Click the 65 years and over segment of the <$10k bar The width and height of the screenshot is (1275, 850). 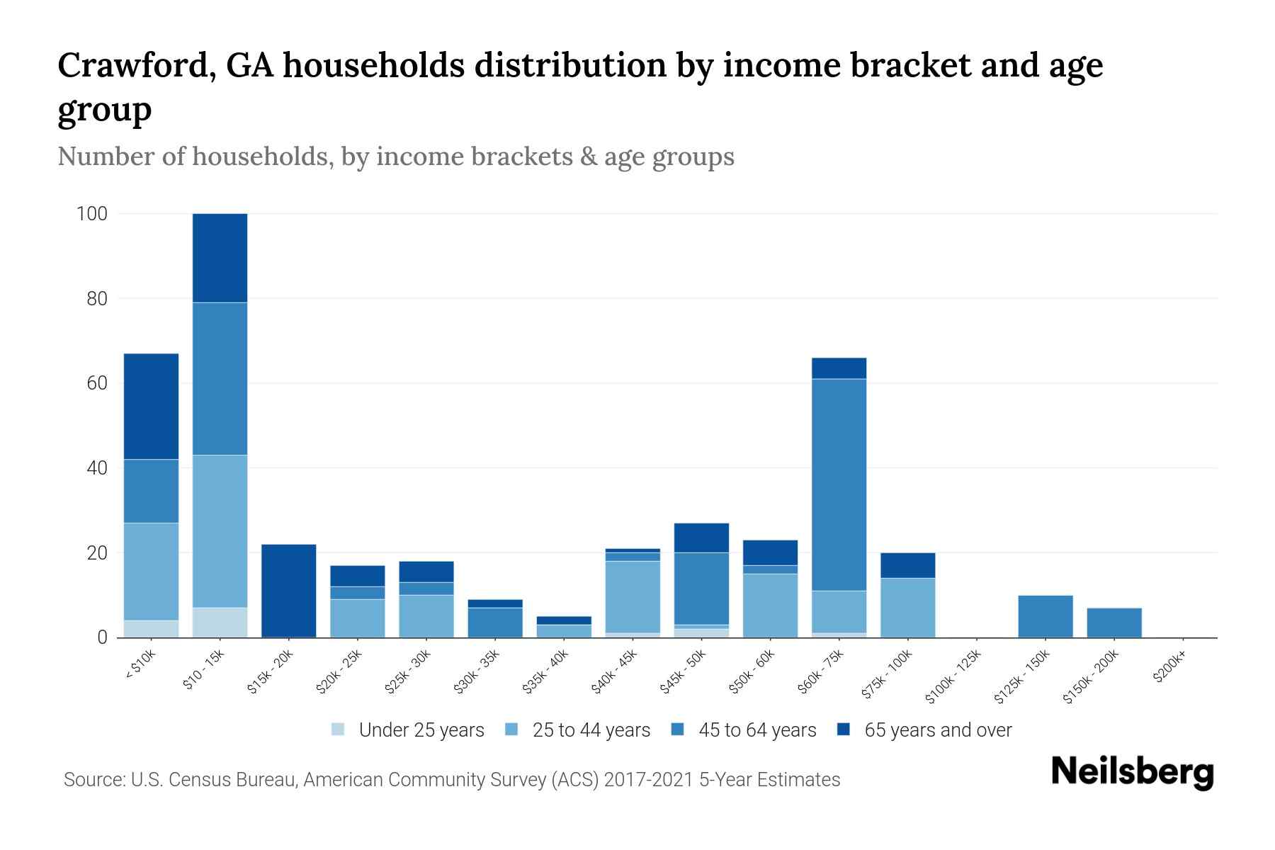tap(151, 406)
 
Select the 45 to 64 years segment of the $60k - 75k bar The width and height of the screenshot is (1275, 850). tap(839, 484)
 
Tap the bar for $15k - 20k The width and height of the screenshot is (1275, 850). tap(288, 591)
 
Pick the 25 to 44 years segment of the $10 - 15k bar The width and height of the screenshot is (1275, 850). tap(220, 531)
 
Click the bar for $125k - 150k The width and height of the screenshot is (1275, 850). tap(1045, 616)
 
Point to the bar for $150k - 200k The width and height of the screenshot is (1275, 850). tap(1113, 623)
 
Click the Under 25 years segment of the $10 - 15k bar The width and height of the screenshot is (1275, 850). tap(220, 623)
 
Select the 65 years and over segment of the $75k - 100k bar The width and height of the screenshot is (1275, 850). tap(907, 565)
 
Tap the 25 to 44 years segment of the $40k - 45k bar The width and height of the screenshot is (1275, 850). tap(633, 596)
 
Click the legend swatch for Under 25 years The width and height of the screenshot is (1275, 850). tap(339, 730)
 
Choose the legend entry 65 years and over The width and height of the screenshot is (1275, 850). tap(938, 730)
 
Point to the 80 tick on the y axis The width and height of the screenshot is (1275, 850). tap(97, 298)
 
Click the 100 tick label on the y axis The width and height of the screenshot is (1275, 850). tap(91, 213)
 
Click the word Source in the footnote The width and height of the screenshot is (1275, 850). tap(93, 780)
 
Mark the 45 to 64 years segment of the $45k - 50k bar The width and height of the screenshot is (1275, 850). tap(701, 588)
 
